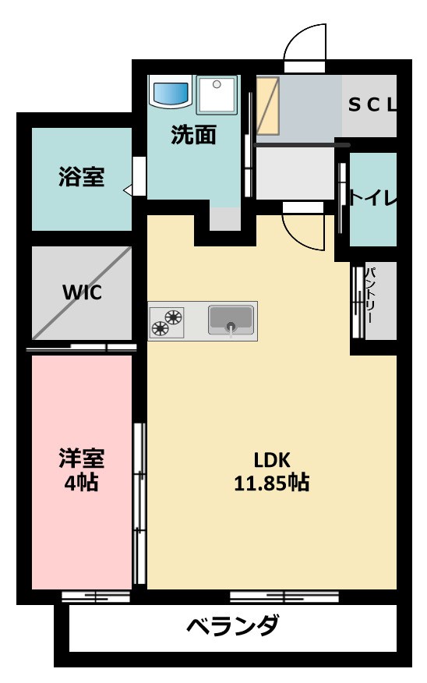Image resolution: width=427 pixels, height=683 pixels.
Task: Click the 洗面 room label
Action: pyautogui.click(x=193, y=136)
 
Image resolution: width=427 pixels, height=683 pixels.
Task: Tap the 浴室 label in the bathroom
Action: pyautogui.click(x=81, y=178)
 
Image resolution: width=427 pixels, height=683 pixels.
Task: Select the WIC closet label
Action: pyautogui.click(x=82, y=294)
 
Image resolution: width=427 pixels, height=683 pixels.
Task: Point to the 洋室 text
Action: pyautogui.click(x=81, y=458)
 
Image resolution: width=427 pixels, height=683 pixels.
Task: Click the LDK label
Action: pyautogui.click(x=271, y=458)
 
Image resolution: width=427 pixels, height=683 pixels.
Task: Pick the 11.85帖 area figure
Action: pyautogui.click(x=271, y=483)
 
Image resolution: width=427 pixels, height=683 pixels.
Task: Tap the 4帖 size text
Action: pyautogui.click(x=81, y=483)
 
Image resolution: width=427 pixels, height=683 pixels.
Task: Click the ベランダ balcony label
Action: pyautogui.click(x=233, y=626)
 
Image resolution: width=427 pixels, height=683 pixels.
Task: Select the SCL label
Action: pyautogui.click(x=372, y=104)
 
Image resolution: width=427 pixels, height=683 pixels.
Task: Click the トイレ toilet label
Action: pyautogui.click(x=372, y=198)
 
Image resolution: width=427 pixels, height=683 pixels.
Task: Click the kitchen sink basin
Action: pyautogui.click(x=231, y=320)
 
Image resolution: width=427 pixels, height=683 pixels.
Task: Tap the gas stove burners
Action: pyautogui.click(x=167, y=321)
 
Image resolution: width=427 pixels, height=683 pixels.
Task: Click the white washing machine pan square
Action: pyautogui.click(x=217, y=95)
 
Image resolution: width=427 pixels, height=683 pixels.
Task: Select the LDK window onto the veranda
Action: pyautogui.click(x=284, y=597)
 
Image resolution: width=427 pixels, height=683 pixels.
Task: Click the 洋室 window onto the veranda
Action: pyautogui.click(x=95, y=597)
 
